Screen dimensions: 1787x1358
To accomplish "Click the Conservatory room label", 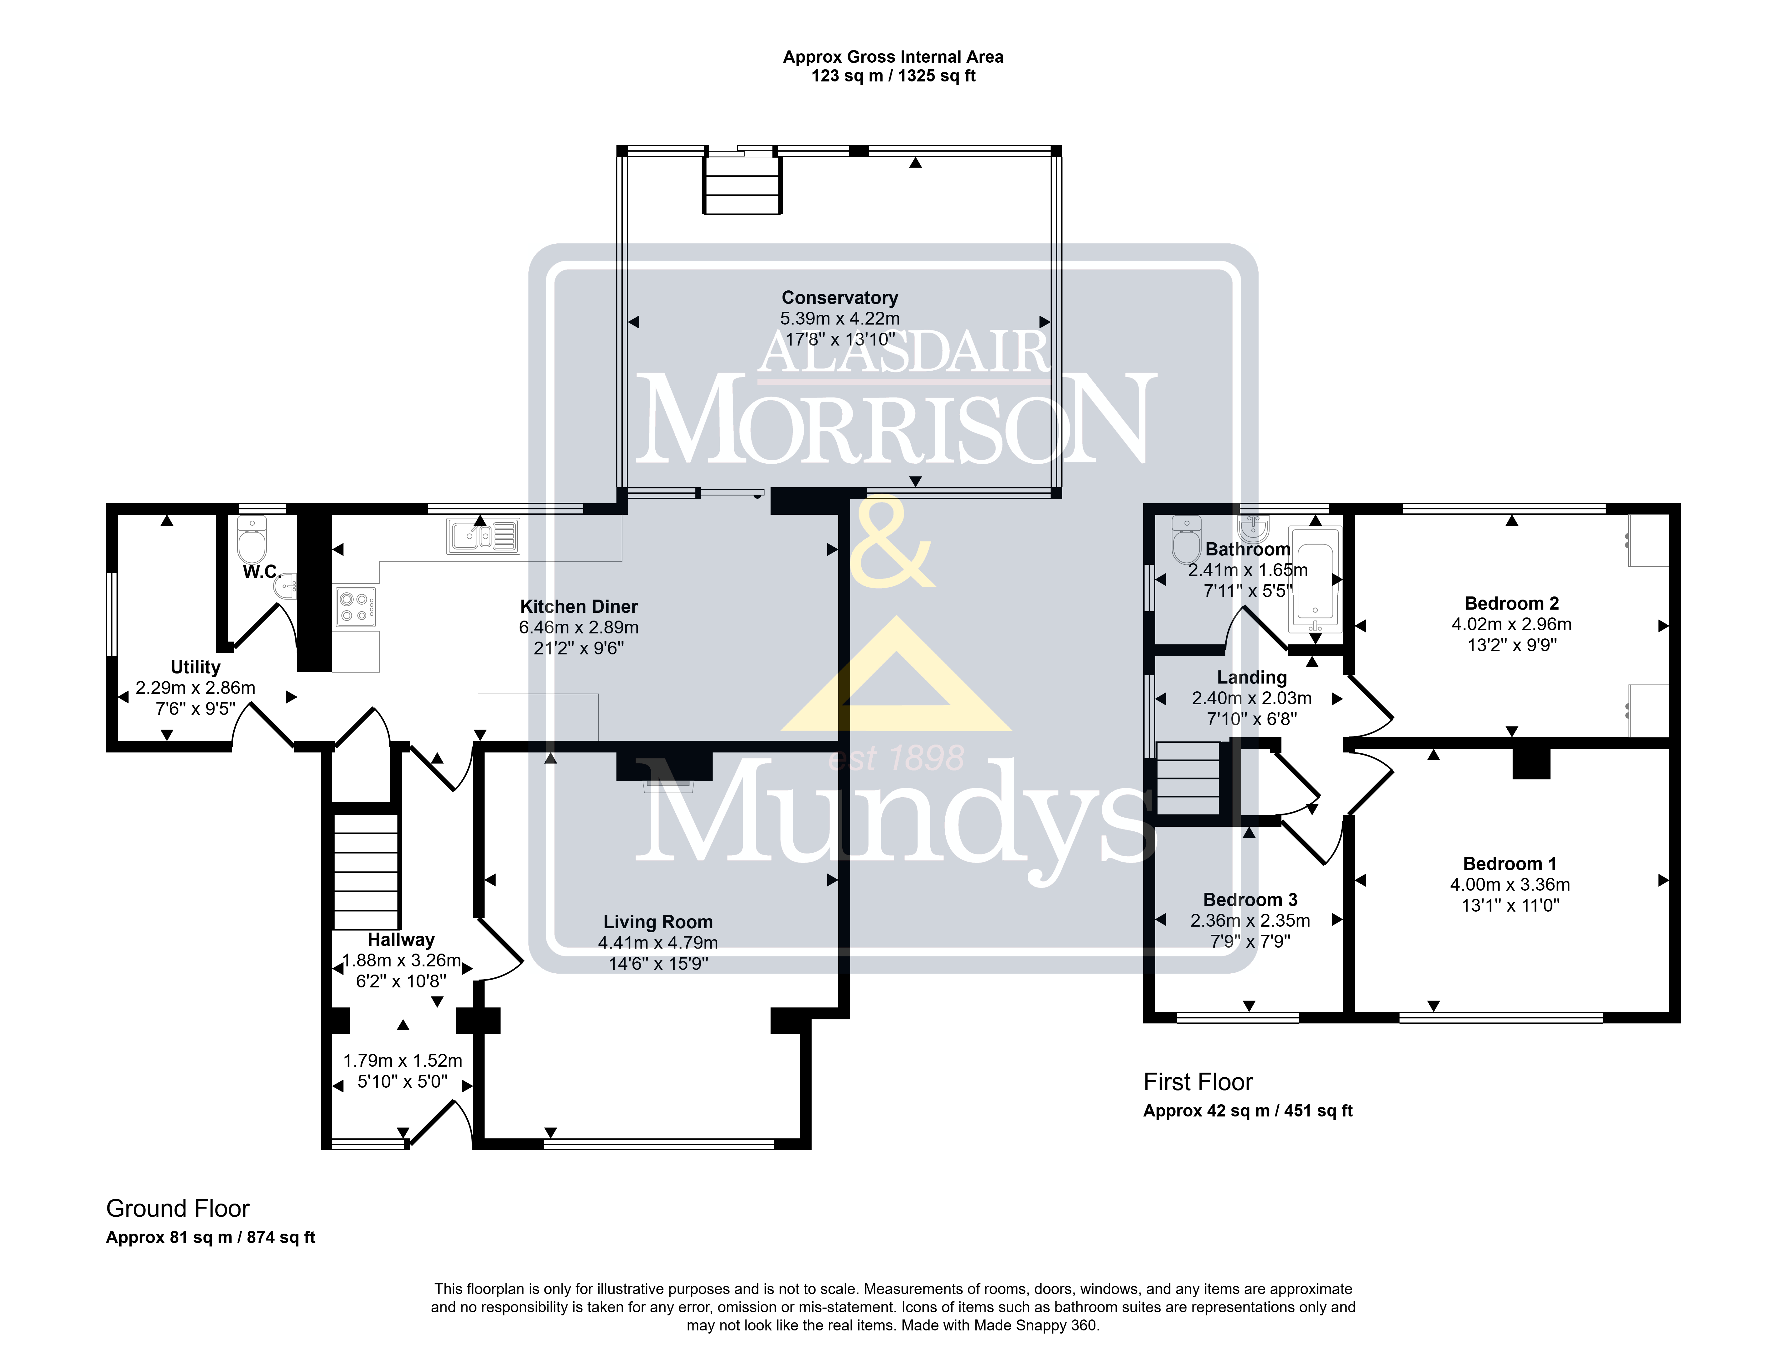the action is click(x=840, y=298).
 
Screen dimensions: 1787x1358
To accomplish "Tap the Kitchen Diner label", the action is click(x=579, y=607).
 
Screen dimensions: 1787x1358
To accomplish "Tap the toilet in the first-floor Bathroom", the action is click(x=1187, y=540).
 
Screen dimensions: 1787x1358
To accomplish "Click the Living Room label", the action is click(x=658, y=922).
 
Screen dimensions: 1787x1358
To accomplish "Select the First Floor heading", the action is click(x=1198, y=1082).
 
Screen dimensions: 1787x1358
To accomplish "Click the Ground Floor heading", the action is click(x=178, y=1209).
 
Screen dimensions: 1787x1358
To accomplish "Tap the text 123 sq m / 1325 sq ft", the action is click(x=893, y=76).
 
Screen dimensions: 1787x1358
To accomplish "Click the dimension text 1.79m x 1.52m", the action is click(x=403, y=1060).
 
